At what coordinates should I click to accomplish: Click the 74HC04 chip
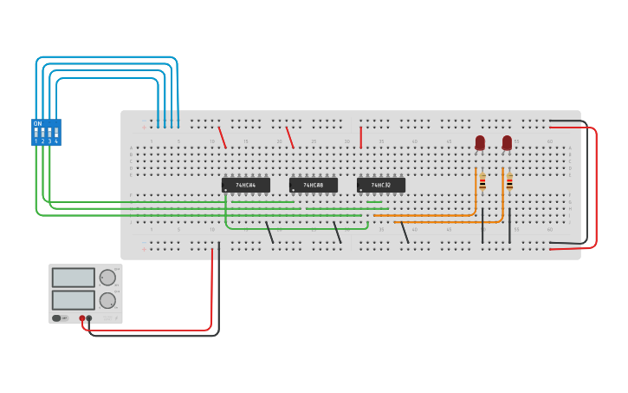246,185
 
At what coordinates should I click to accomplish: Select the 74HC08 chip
313,185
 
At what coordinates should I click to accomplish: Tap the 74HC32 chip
380,185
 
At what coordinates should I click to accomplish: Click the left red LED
480,142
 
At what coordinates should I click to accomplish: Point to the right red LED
507,142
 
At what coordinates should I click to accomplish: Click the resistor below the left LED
482,181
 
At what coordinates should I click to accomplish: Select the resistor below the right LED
509,181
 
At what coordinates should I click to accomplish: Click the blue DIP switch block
46,133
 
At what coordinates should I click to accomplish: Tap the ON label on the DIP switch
37,123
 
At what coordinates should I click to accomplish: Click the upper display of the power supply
74,278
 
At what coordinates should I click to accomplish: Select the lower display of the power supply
74,300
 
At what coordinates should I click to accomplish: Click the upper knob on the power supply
107,278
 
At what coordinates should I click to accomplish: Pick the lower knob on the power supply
107,300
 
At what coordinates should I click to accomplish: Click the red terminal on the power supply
82,318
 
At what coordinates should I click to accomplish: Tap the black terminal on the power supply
89,318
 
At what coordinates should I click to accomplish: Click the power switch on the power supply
57,318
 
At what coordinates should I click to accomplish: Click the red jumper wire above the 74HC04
222,137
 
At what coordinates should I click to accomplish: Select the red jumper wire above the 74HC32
360,137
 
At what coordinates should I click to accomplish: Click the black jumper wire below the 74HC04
269,232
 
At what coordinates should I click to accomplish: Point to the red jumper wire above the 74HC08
290,137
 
